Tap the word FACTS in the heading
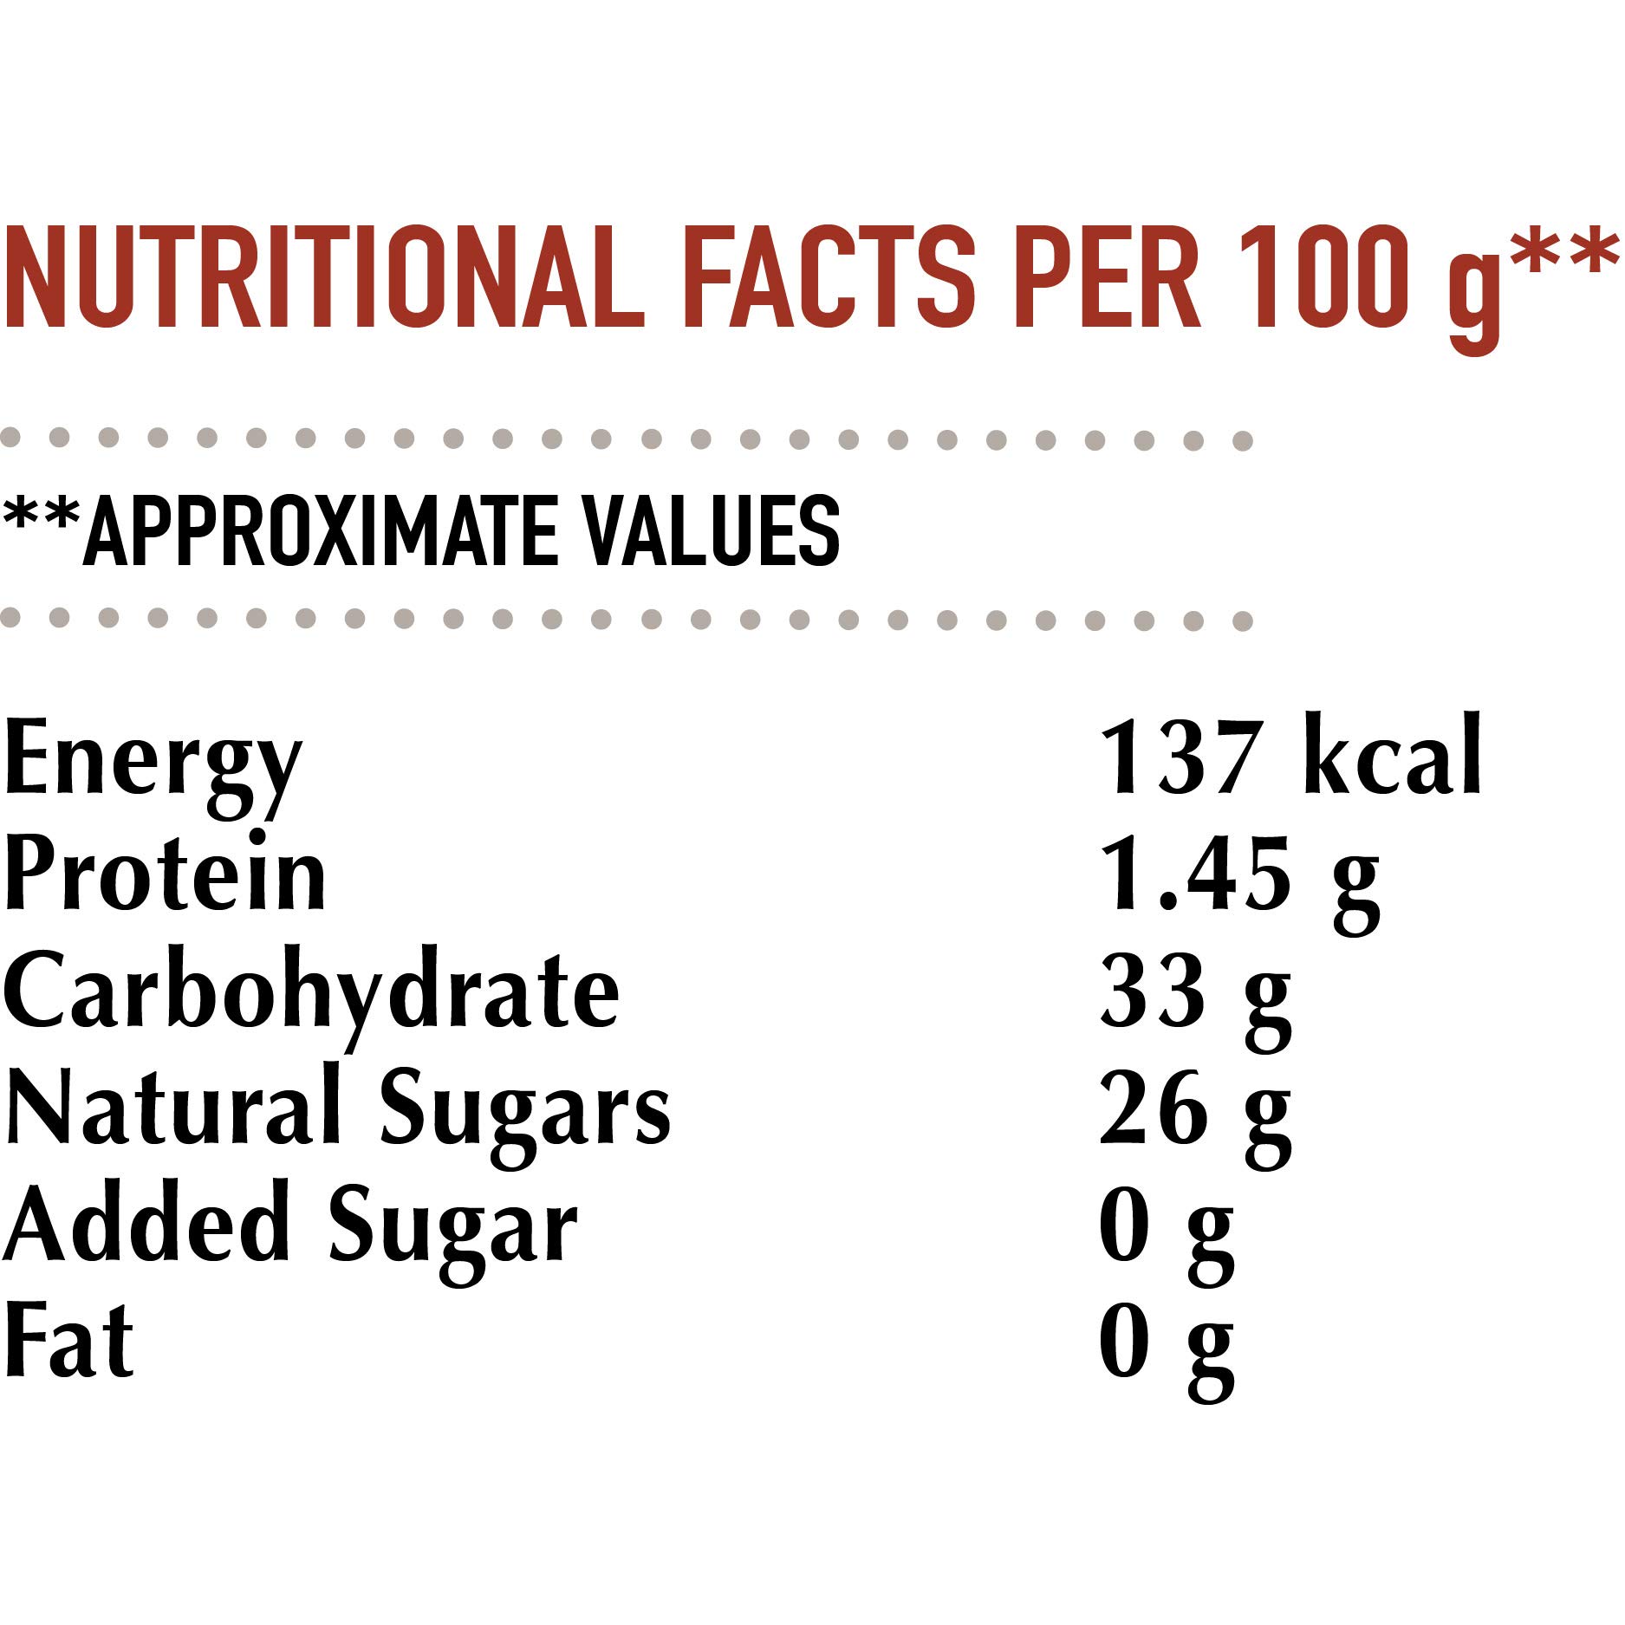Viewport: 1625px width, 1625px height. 829,277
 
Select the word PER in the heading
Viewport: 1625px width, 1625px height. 1107,277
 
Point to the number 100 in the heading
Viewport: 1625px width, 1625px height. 1323,277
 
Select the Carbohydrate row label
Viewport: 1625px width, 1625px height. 312,990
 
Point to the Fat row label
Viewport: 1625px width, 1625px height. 69,1340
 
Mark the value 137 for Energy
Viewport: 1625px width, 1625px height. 1179,756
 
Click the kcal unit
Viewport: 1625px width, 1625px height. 1393,756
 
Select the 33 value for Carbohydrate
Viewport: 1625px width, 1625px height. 1153,990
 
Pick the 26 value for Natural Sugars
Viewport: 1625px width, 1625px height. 1153,1108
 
